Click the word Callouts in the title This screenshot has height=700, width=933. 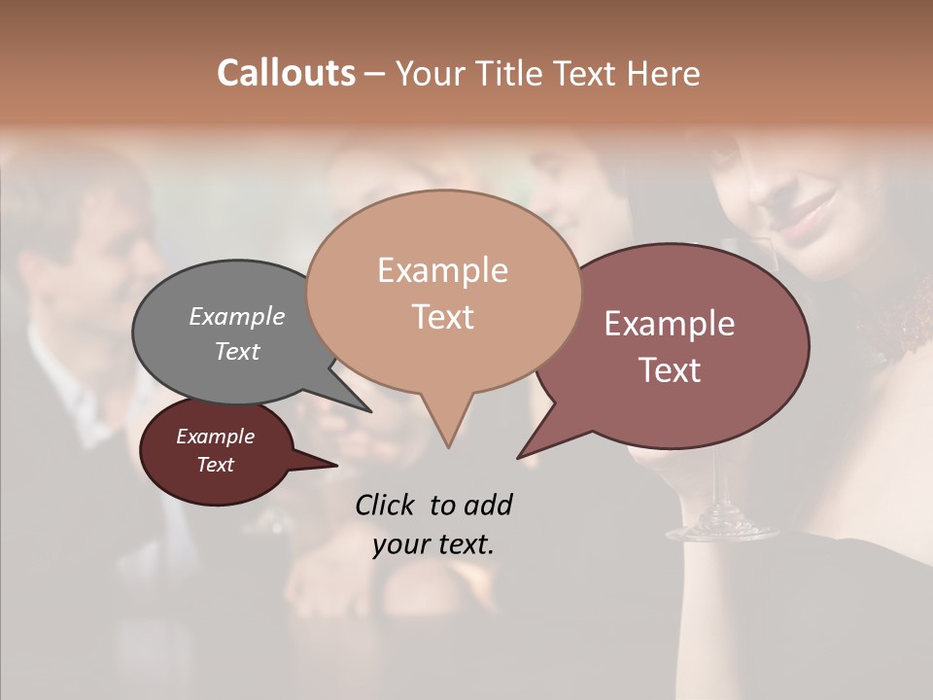286,73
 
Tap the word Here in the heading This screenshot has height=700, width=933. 665,73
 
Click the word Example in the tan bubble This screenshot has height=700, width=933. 442,270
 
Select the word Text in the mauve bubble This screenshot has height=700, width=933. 671,370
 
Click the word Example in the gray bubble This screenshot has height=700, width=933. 237,317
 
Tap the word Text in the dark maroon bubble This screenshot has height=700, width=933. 216,465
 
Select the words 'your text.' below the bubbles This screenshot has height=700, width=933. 433,544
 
